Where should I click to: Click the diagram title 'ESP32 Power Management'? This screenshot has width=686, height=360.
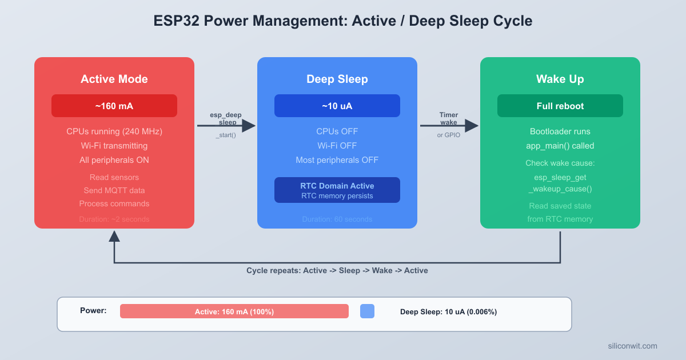coord(343,21)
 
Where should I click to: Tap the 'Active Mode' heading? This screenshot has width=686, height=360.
coord(114,79)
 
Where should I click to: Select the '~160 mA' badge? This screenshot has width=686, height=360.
coord(114,106)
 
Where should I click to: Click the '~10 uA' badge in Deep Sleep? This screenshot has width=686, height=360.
coord(337,106)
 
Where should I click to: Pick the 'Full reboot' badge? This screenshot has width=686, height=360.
coord(560,106)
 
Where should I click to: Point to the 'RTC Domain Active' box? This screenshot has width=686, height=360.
coord(337,190)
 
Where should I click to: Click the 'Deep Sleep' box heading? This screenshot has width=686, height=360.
coord(337,79)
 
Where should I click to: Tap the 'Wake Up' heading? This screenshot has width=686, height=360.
coord(560,79)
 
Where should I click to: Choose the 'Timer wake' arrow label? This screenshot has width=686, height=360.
coord(449,119)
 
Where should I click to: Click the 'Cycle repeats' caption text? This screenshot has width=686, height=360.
coord(337,270)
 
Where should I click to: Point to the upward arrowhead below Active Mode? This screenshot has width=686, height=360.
coord(114,235)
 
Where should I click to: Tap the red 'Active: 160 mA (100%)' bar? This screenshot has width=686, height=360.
coord(234,311)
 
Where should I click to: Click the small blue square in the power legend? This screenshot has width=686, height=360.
coord(367,311)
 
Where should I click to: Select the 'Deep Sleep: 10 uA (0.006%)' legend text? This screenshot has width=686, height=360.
coord(448,312)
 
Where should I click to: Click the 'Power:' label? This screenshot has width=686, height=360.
coord(93,311)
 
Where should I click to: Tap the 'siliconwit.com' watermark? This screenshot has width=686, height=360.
coord(632,346)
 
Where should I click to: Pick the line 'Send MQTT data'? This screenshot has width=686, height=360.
coord(114,190)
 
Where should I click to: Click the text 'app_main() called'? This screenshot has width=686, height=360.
coord(560,146)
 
